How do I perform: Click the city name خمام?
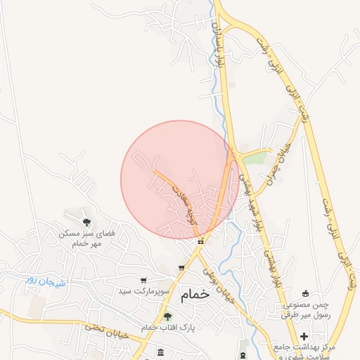point(195,295)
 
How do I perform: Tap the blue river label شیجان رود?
point(46,281)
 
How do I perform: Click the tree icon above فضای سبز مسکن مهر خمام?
point(86,222)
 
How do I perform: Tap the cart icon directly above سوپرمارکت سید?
point(143,281)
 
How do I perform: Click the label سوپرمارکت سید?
point(144,291)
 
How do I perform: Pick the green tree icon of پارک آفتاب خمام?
point(167,316)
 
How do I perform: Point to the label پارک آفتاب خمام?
point(168,328)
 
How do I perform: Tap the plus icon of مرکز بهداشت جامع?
point(304,337)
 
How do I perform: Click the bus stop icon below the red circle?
point(201,241)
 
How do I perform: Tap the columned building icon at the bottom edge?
point(161,352)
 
